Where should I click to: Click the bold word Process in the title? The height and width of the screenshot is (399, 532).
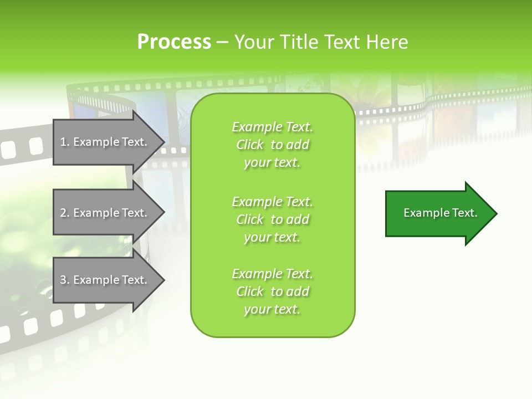174,42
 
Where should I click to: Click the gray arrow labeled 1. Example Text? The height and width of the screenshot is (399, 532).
105,142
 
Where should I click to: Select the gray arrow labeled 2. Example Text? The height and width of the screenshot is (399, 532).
105,213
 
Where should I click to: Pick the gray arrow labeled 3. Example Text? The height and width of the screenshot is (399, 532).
105,280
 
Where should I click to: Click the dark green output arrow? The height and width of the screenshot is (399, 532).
438,213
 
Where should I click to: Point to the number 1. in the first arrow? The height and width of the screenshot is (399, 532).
65,142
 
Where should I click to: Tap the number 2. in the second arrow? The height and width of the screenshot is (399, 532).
65,213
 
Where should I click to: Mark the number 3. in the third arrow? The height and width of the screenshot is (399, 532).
65,280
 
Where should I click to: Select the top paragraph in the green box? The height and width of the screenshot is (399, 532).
272,145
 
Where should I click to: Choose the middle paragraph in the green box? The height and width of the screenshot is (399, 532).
272,219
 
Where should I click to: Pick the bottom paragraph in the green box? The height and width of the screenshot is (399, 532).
272,291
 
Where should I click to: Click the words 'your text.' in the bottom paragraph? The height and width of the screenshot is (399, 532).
272,309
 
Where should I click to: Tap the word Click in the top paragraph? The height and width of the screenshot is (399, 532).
250,145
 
